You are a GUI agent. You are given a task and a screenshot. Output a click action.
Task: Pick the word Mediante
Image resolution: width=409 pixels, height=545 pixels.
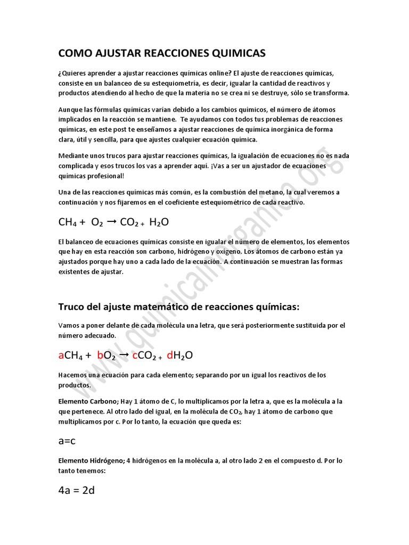pos(73,156)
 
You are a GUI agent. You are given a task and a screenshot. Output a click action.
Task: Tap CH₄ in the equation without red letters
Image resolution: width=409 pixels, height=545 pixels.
pos(68,222)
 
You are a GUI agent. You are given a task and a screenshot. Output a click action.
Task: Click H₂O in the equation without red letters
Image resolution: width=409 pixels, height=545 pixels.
pos(159,222)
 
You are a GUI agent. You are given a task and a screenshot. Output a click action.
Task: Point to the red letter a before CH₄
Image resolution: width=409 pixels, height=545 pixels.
pos(61,356)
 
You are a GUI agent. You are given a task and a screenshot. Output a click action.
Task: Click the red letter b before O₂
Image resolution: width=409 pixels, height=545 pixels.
pos(101,356)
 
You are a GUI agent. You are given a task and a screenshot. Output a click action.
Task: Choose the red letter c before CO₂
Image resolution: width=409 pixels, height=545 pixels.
pos(135,356)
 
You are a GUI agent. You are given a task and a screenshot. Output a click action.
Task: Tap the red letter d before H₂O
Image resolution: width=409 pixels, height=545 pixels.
pos(170,356)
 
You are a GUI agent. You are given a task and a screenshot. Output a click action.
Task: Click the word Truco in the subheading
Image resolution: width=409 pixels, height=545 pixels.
pos(71,307)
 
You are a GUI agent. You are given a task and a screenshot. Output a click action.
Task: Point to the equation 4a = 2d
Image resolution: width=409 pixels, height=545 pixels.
pos(76,490)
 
